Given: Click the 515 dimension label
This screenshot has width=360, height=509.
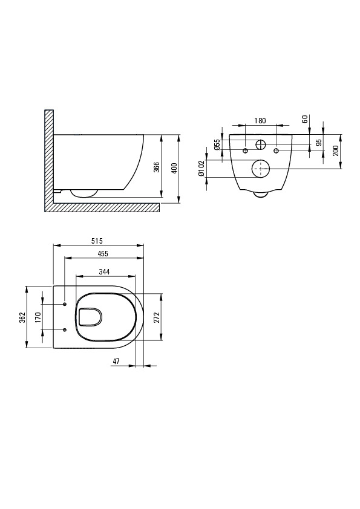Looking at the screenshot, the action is [97, 241].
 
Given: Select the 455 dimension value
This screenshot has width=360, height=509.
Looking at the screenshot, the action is [102, 253].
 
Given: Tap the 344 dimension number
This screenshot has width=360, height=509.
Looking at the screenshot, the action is [104, 271].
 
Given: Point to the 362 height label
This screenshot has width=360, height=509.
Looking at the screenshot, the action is [22, 317].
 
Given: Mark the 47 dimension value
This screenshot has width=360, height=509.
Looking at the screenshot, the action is [116, 361].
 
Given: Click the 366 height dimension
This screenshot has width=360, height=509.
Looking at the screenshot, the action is [157, 167].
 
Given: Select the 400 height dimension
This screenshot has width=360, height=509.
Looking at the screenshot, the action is [174, 169].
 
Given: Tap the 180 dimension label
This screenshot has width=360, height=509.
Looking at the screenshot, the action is [260, 121].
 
